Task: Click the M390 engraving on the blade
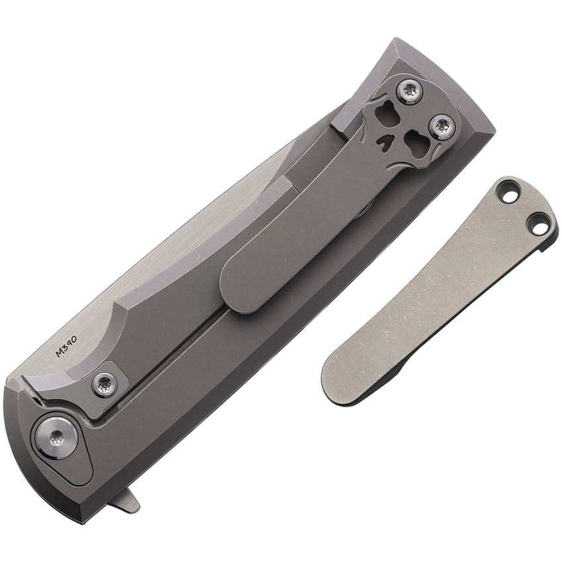click(67, 344)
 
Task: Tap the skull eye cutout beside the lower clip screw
click(417, 144)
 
